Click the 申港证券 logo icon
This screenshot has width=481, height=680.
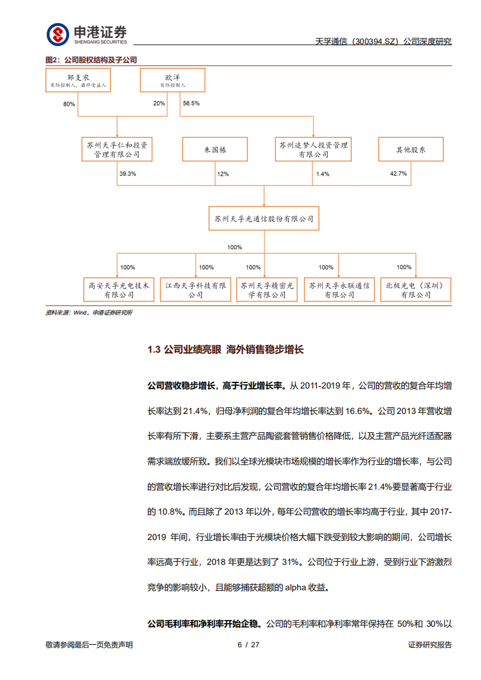tap(58, 35)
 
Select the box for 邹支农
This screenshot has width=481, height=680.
tap(78, 81)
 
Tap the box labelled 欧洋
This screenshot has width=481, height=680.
tap(172, 81)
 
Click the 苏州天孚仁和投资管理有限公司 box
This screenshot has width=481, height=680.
tap(117, 149)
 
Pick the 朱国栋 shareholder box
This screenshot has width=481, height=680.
tap(215, 149)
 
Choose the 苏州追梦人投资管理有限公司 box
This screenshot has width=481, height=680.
tap(313, 149)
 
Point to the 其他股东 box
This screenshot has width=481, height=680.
tap(411, 149)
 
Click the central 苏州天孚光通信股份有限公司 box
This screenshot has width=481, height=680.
tap(264, 218)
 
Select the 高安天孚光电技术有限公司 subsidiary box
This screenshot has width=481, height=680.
tap(118, 289)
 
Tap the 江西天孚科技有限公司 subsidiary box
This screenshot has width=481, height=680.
tap(195, 289)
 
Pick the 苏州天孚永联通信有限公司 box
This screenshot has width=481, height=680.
tap(338, 289)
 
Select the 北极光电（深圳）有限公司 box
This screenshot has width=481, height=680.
tap(415, 289)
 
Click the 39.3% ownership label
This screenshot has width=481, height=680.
tap(127, 174)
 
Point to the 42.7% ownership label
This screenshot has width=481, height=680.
tap(398, 174)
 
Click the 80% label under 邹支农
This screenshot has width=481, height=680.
tap(69, 104)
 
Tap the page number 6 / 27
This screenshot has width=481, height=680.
tap(248, 644)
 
